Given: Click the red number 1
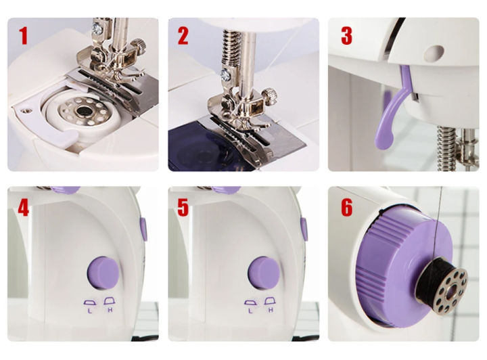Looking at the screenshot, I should click(24, 36).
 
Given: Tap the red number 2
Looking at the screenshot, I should click(183, 36).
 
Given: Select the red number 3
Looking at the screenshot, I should click(346, 36).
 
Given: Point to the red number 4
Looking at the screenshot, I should click(24, 207).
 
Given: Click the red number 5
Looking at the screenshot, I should click(183, 207).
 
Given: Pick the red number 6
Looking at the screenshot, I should click(346, 207).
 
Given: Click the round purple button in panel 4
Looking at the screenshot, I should click(103, 273).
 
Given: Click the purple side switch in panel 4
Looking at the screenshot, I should click(144, 229).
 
